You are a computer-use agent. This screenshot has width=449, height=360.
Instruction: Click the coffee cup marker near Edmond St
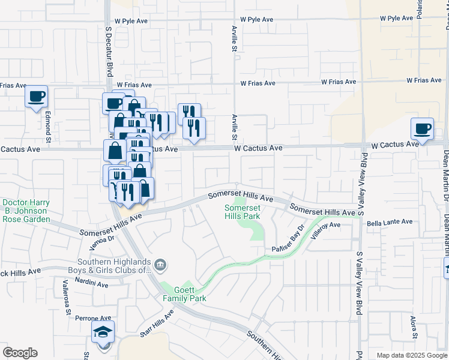[x=37, y=96]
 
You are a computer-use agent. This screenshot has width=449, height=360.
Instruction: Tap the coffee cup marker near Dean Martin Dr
[x=422, y=128]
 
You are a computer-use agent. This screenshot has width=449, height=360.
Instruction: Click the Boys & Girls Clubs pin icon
[x=160, y=264]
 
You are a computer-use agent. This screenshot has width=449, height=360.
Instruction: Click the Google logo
[x=20, y=353]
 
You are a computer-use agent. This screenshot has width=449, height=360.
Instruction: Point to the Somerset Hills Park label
[x=242, y=212]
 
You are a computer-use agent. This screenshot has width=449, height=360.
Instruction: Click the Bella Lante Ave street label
[x=390, y=222]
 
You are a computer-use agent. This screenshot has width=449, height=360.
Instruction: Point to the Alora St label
[x=414, y=325]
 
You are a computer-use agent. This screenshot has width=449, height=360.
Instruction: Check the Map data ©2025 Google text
[x=411, y=355]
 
